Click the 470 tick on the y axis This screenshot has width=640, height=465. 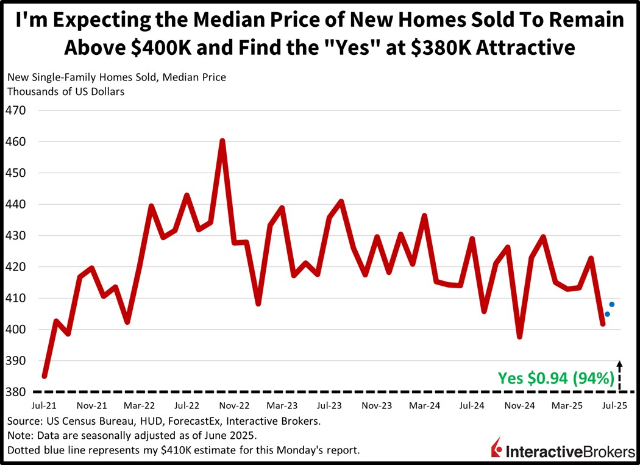[17, 110]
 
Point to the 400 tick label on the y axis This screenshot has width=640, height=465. [17, 330]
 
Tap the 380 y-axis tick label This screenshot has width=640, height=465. [17, 392]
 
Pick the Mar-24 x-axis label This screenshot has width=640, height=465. [425, 405]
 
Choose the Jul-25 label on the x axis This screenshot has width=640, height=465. [616, 405]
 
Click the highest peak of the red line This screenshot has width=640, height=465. [222, 141]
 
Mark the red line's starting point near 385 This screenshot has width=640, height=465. [44, 375]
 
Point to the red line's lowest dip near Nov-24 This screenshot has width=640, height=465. [519, 336]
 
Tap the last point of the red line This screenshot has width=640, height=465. [603, 324]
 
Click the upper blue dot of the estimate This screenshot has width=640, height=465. [612, 304]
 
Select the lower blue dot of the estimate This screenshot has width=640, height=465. [607, 314]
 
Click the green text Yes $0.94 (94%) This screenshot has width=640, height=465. [556, 378]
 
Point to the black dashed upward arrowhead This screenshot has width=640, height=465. [620, 364]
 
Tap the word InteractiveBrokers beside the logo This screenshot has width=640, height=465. [568, 451]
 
